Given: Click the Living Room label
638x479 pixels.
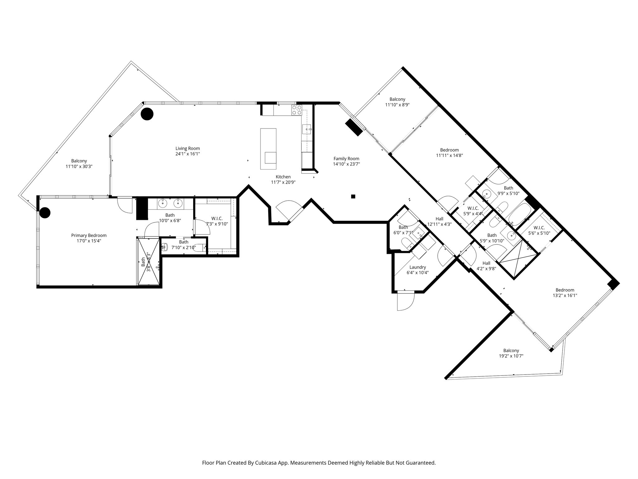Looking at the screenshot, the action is coord(188,148).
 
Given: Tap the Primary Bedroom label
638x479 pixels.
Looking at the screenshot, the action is coord(89,235).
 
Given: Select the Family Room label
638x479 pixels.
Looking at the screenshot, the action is coord(346,158).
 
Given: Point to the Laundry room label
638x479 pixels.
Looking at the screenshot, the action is coord(417,267).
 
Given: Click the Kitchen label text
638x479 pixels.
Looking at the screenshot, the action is coord(283,177).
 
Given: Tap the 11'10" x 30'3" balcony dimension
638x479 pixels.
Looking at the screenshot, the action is coord(79,167).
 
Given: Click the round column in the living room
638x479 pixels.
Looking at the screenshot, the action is coord(147,114).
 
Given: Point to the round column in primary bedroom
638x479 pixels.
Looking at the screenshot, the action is coord(45,213).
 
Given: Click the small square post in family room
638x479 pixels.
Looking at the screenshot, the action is coord(353,196).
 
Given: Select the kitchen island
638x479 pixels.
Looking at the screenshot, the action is coord(268,149).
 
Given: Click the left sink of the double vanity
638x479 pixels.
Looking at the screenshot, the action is coord(163,204).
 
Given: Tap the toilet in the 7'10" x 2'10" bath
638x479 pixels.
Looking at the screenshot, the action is coord(164,247).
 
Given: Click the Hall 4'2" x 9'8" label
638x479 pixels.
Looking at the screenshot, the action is coord(486,266).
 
